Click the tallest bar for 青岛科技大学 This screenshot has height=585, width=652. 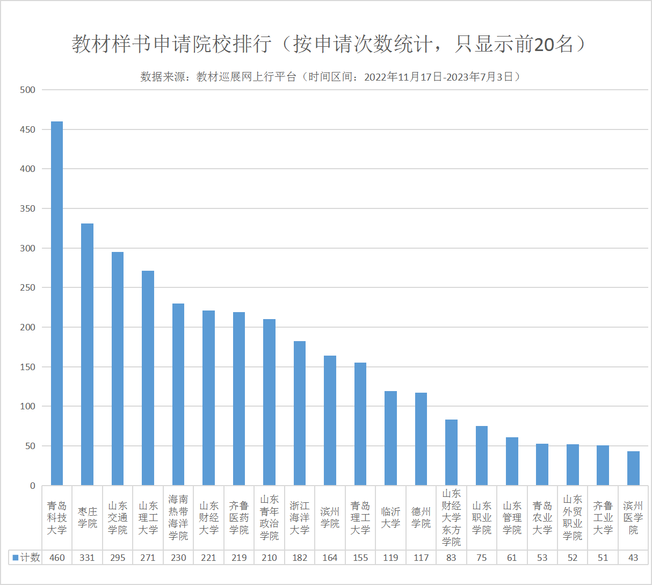pos(57,304)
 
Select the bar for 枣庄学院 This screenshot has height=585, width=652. pos(87,355)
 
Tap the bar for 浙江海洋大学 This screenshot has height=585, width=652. pos(300,413)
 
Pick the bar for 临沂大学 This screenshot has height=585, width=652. pos(390,438)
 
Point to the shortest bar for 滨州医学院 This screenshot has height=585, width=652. pos(633,468)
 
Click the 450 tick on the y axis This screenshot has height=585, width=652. pos(27,129)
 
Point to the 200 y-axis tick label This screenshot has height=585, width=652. pos(27,327)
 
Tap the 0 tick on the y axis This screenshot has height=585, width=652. pos(33,486)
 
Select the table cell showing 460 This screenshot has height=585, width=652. pos(57,558)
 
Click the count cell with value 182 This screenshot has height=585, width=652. pos(300,558)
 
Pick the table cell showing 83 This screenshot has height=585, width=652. pos(451,558)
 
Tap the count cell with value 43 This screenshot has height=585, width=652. pos(633,558)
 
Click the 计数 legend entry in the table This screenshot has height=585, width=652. pos(26,558)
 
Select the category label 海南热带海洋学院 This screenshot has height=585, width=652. pos(178,518)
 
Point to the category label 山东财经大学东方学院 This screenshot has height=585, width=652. pos(451,518)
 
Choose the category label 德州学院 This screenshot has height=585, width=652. pos(421,518)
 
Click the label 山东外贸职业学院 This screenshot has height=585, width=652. pos(573,518)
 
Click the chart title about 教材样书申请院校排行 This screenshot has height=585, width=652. pos(329,44)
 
